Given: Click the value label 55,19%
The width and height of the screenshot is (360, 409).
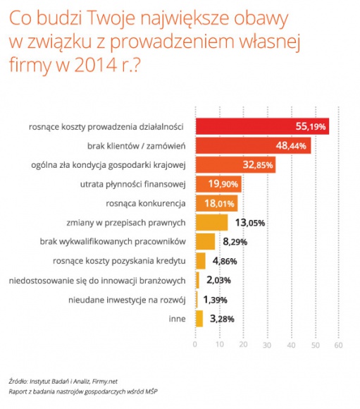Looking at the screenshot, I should point(310,127).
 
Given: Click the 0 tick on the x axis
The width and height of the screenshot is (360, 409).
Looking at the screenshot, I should point(195,346).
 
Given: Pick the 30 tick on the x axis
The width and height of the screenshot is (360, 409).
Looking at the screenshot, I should point(266,346).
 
